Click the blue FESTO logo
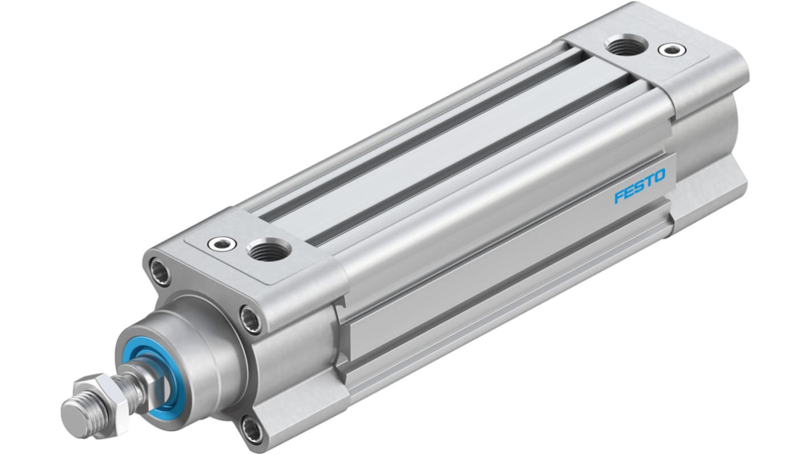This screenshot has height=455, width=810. [x=639, y=186]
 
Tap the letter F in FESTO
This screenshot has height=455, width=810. [x=621, y=198]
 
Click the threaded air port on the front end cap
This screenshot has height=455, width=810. [x=269, y=249]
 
